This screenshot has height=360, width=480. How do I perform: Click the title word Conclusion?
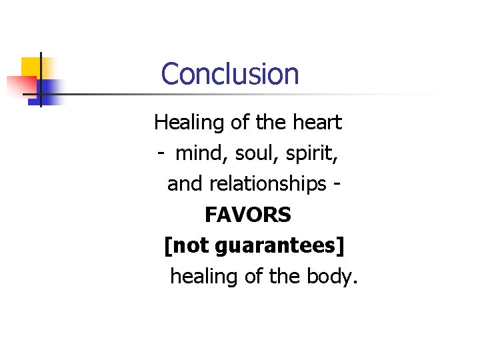coord(230,73)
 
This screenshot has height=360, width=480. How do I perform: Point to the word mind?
coord(199,153)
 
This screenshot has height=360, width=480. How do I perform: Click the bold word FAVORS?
coord(248,215)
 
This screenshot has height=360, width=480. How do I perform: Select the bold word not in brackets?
coord(191,245)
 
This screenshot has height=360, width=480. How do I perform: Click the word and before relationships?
coord(182,184)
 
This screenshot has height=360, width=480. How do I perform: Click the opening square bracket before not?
coord(167,246)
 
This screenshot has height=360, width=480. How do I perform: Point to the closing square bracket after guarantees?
coord(341,246)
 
